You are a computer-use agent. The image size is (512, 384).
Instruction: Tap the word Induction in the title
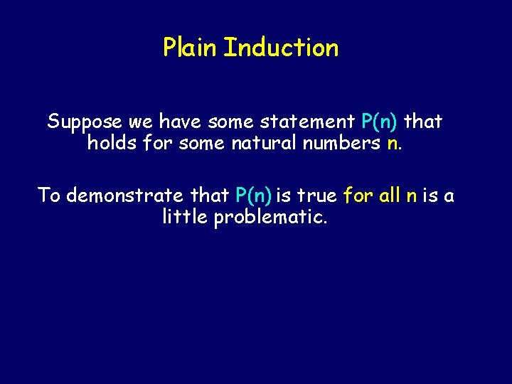click(x=281, y=48)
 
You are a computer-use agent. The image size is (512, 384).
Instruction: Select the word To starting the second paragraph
click(x=49, y=195)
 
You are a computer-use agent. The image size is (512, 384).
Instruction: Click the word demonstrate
click(x=124, y=195)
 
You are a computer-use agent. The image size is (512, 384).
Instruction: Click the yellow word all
click(x=390, y=195)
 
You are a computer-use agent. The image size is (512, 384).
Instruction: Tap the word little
click(x=185, y=216)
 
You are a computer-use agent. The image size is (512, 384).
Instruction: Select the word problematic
click(x=271, y=216)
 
